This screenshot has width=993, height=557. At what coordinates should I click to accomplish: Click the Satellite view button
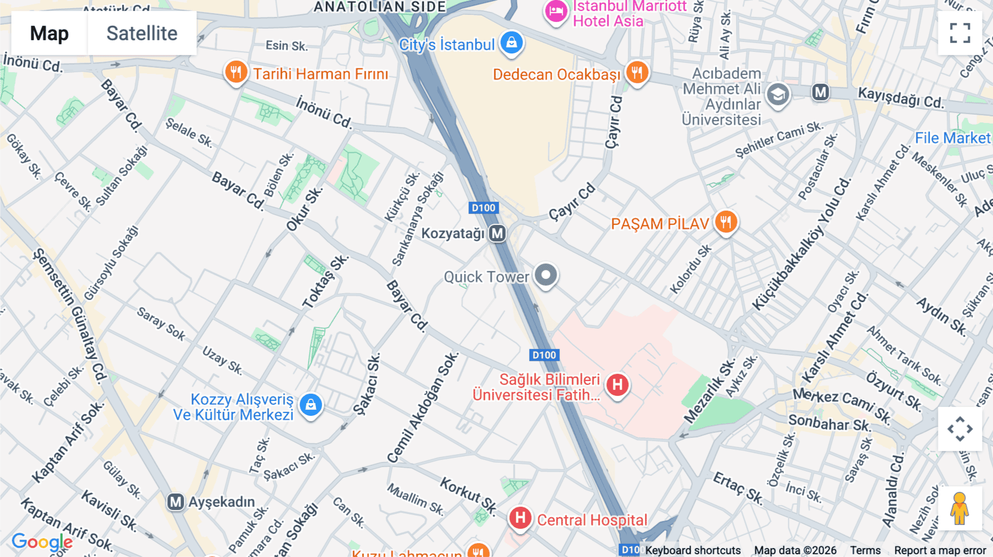(142, 33)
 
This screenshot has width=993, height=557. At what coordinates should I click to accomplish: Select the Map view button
(49, 33)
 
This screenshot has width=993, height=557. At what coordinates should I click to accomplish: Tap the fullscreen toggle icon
(960, 33)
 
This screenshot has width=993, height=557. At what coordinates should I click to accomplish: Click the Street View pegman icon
(960, 508)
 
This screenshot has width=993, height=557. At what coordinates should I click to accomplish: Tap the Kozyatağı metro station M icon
(497, 233)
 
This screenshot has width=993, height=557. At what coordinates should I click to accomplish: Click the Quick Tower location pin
(546, 275)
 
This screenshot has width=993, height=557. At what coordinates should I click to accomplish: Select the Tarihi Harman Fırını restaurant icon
(236, 72)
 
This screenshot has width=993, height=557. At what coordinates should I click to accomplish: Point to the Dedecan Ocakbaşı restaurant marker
(637, 72)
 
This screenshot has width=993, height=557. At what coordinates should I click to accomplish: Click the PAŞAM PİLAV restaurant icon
(726, 222)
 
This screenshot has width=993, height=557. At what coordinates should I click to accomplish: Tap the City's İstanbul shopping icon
(511, 43)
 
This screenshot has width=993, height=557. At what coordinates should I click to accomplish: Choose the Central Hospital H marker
(520, 518)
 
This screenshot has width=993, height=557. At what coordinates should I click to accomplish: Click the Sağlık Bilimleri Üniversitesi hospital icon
(617, 384)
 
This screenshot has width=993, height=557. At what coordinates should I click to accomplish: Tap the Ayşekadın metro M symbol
(175, 502)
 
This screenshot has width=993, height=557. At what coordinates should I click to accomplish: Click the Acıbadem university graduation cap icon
(778, 95)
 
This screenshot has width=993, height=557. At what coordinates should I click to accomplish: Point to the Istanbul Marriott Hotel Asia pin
(556, 11)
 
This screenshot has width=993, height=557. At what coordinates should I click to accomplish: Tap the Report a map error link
(940, 550)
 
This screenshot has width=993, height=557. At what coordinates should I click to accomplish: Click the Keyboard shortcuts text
(693, 550)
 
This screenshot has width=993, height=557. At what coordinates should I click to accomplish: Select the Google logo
(42, 542)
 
